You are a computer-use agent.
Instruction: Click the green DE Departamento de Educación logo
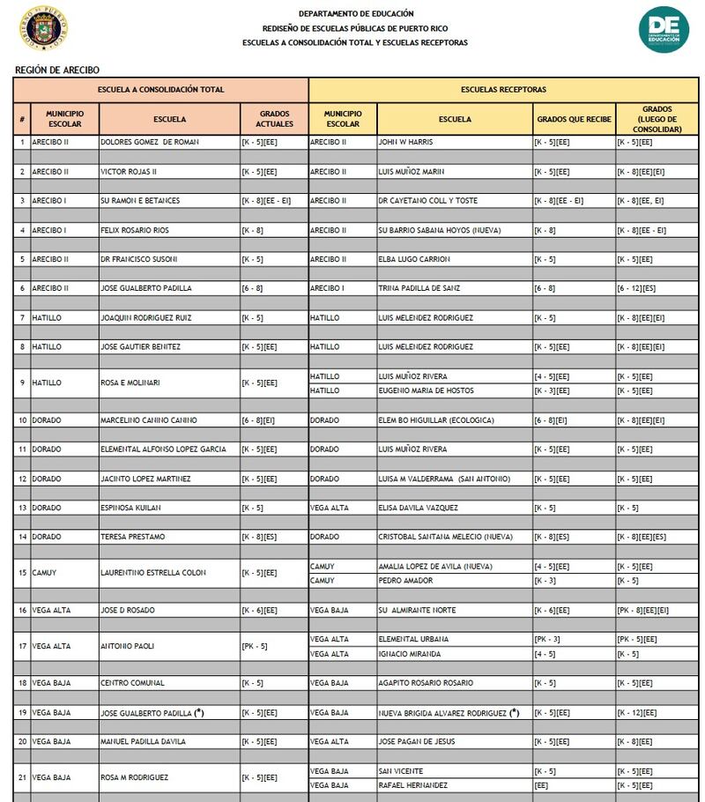(x=663, y=30)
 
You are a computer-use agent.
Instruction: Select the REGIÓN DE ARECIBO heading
(x=57, y=69)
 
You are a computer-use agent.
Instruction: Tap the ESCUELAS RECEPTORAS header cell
(x=503, y=90)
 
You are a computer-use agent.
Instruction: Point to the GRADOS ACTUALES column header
(x=274, y=119)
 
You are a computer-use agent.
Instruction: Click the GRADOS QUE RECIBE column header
(x=574, y=119)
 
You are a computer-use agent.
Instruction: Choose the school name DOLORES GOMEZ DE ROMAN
(x=150, y=142)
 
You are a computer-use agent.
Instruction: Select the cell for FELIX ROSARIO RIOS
(x=140, y=230)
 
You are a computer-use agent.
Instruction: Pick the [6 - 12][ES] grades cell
(x=636, y=288)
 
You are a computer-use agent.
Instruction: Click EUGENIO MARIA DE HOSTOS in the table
(x=426, y=390)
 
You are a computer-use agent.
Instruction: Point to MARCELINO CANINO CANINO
(x=149, y=420)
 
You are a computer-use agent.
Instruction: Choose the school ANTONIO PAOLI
(x=128, y=646)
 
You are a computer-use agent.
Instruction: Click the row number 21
(x=22, y=777)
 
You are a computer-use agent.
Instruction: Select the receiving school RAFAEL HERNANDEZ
(x=413, y=785)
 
